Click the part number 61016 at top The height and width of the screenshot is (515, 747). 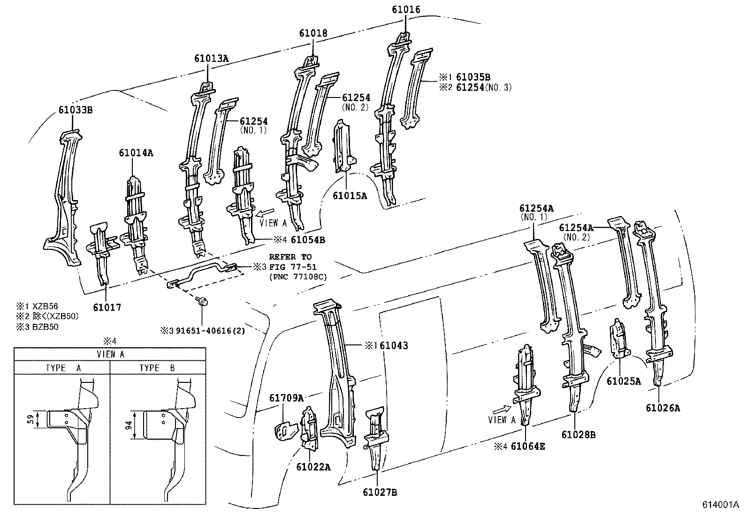406,9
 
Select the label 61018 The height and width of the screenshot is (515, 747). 313,33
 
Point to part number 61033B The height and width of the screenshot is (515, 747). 75,110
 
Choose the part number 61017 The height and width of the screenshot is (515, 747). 107,307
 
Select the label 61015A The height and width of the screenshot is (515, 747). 350,195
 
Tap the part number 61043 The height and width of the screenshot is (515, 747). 394,345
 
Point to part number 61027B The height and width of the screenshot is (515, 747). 380,492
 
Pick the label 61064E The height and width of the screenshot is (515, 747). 527,447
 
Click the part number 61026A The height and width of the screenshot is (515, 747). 663,408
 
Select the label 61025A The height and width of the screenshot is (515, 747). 623,381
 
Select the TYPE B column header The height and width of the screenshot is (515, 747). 157,368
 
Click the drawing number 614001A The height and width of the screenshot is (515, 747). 720,505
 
